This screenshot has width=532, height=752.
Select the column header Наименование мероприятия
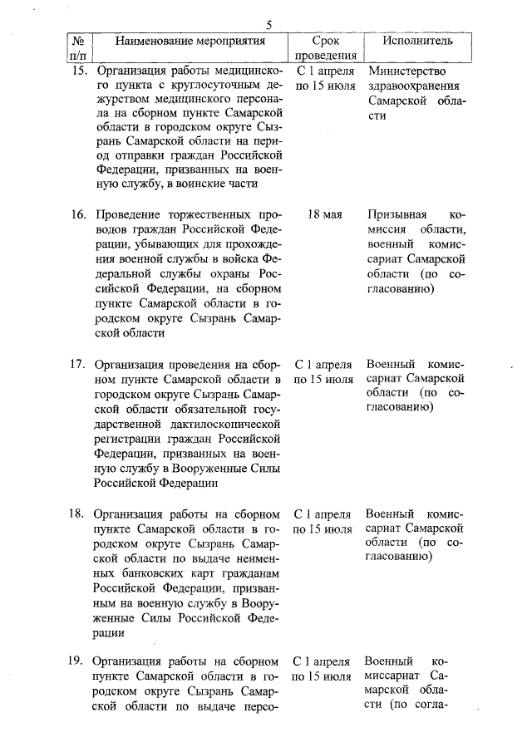(190, 40)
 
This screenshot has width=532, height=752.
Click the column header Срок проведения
(325, 48)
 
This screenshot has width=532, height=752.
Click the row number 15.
(79, 71)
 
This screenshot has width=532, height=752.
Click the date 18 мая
(325, 214)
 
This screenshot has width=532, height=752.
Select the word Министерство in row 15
(406, 71)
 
